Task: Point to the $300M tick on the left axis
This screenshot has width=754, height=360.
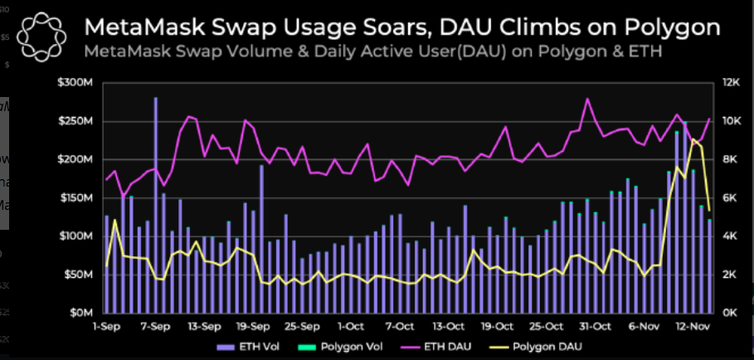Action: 75,83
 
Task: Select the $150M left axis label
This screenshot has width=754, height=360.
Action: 75,198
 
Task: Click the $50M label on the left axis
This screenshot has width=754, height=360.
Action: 79,275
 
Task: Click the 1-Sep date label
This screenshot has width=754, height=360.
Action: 107,327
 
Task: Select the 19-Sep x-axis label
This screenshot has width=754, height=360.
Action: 253,327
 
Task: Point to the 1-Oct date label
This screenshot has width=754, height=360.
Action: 350,327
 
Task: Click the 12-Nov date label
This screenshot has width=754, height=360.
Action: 691,327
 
